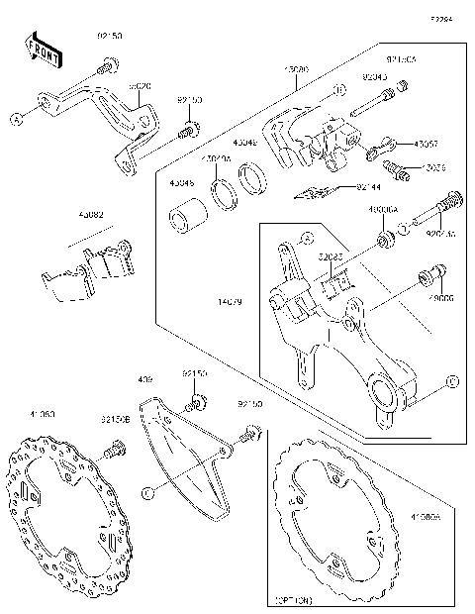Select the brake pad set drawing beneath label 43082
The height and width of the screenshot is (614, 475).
point(87,270)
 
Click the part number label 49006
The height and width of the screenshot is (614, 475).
point(439,296)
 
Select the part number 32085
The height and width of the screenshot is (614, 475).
point(332,256)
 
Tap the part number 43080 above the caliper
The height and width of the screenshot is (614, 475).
point(296,70)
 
